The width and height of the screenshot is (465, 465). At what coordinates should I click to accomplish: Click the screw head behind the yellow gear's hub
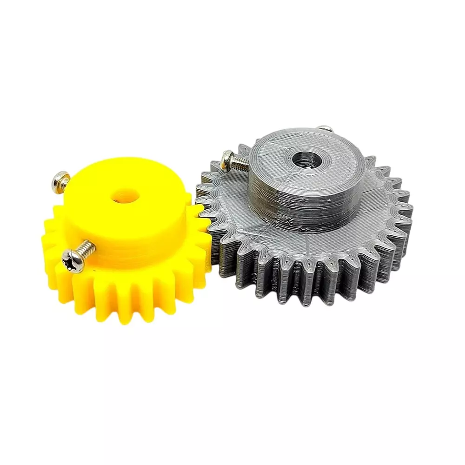click(x=61, y=179)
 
